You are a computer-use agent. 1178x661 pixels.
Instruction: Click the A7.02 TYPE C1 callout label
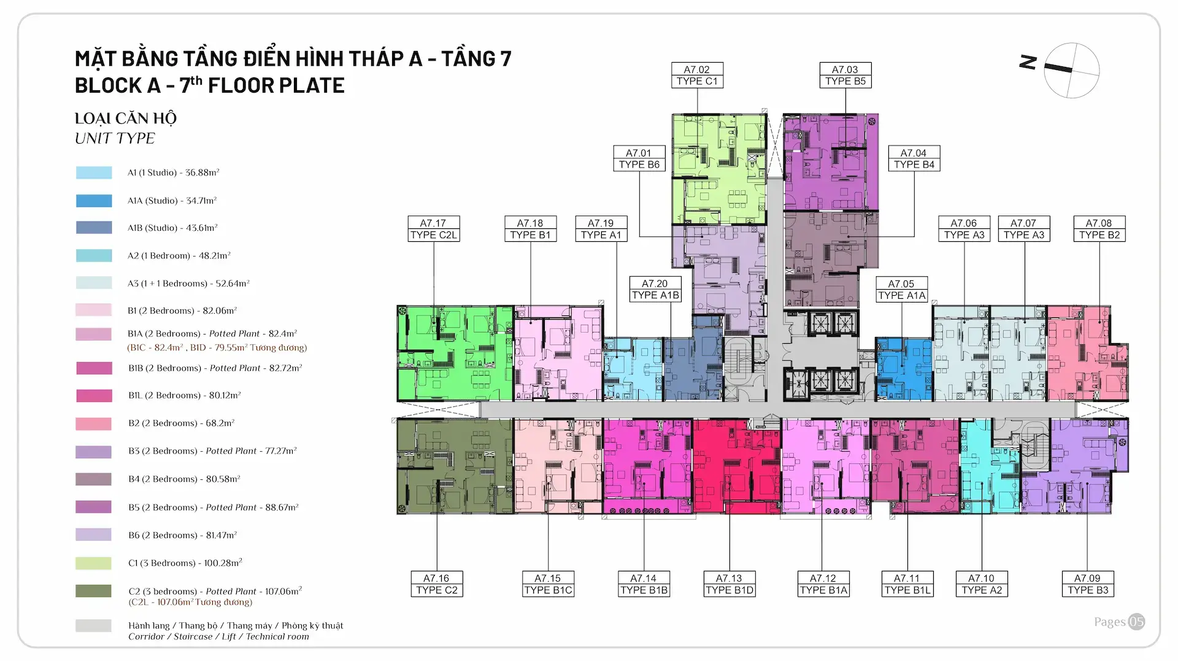coord(696,75)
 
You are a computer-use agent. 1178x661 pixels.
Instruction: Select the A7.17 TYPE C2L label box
coord(433,229)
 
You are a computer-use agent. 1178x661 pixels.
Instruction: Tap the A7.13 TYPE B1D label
coord(729,584)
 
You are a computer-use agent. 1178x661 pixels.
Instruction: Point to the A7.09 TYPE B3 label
coord(1087,584)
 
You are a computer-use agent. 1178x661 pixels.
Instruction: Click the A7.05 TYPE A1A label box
coord(901,290)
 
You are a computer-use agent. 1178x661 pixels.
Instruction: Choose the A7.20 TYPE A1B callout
coord(655,290)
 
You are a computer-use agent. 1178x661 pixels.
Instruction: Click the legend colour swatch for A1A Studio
coord(94,201)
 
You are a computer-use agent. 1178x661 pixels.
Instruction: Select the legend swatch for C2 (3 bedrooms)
coord(94,591)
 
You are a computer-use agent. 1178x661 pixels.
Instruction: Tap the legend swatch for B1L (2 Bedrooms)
coord(94,396)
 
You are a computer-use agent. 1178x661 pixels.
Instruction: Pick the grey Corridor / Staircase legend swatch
coord(94,626)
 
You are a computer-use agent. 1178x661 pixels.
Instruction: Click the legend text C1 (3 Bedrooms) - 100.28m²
coord(185,563)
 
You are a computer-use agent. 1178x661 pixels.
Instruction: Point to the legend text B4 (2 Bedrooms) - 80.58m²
coord(184,479)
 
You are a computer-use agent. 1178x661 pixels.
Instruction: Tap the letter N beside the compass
coord(1028,62)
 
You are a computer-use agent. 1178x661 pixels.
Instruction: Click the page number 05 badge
coord(1136,622)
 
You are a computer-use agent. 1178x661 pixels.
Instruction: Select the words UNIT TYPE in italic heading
coord(115,139)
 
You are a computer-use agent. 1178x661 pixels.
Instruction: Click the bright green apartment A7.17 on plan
coord(455,354)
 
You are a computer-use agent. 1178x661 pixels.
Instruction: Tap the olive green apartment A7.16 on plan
coord(455,466)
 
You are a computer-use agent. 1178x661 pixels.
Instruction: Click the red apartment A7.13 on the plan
coord(736,466)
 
